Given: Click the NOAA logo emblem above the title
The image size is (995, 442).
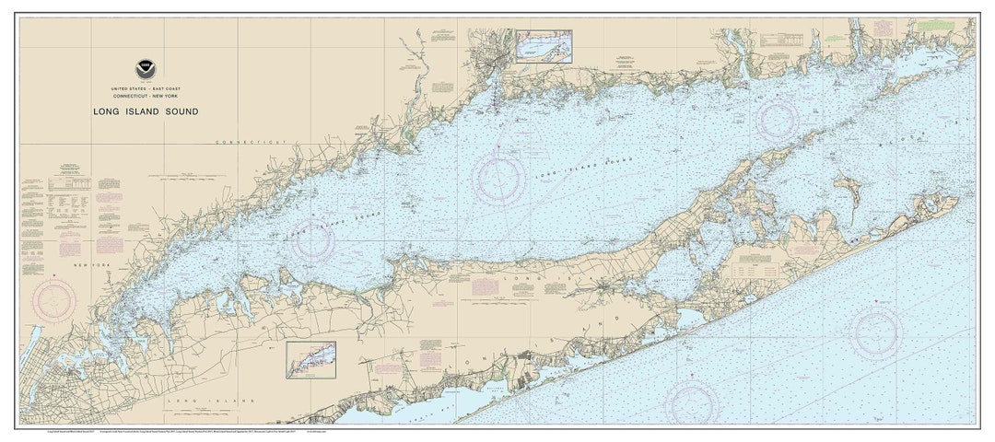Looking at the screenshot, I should tap(146, 68).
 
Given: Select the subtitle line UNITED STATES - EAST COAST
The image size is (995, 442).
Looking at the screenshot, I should tap(146, 86).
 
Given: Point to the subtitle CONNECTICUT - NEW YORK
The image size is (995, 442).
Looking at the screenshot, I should tap(146, 94).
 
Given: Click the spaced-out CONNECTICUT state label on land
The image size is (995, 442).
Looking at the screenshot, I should tap(252, 143).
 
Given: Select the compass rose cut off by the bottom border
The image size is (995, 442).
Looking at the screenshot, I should tap(691, 405).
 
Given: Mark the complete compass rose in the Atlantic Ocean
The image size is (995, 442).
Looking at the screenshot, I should tap(876, 331).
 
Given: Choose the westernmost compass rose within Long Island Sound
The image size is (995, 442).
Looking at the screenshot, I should tap(311, 241).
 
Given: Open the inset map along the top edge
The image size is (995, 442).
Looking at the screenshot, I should tap(544, 45).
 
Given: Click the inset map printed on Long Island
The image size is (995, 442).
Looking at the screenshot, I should tap(310, 359).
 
